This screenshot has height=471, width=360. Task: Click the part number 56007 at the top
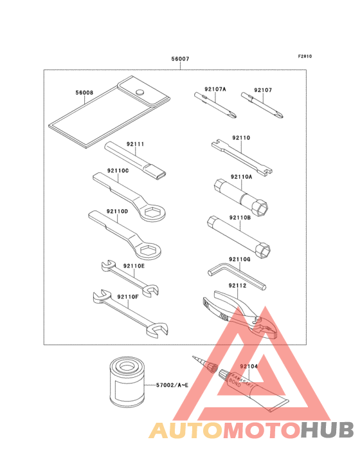[180, 59]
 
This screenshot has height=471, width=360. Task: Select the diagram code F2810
[305, 56]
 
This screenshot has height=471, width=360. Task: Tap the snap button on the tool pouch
[139, 91]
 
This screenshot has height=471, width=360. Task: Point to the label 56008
[84, 93]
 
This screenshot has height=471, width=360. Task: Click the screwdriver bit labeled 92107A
[215, 105]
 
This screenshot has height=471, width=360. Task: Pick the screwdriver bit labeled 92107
[262, 105]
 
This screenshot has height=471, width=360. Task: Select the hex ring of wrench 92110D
[148, 250]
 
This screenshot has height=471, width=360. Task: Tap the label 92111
[135, 144]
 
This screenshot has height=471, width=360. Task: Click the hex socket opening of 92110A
[260, 207]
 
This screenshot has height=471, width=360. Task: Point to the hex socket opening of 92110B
[262, 250]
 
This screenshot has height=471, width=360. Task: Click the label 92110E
[134, 266]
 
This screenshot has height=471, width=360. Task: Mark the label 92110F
[128, 297]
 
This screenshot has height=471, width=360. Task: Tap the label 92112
[237, 286]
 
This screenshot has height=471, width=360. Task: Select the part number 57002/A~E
[172, 385]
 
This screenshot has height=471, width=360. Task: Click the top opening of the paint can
[126, 367]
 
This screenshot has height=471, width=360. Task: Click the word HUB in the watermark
[327, 430]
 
